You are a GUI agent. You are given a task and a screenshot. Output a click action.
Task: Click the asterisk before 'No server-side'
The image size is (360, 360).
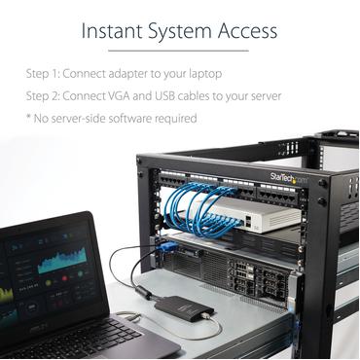click(29, 117)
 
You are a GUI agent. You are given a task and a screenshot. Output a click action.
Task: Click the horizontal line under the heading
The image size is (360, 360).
click(180, 51)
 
